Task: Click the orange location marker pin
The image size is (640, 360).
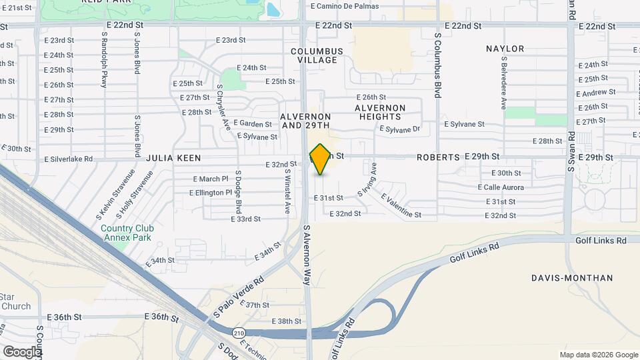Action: click(321, 159)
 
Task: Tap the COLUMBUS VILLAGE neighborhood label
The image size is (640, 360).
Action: click(317, 55)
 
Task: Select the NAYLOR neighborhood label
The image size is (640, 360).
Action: click(505, 49)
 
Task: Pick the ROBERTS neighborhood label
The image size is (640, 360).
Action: click(438, 157)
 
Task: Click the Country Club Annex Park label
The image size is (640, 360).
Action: click(126, 233)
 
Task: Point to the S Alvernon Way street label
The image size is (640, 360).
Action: click(307, 255)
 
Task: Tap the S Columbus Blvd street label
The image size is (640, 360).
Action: click(438, 66)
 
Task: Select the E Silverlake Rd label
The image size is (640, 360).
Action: click(69, 159)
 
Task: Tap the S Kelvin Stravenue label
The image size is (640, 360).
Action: click(108, 195)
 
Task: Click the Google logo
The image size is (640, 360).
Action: click(22, 351)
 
